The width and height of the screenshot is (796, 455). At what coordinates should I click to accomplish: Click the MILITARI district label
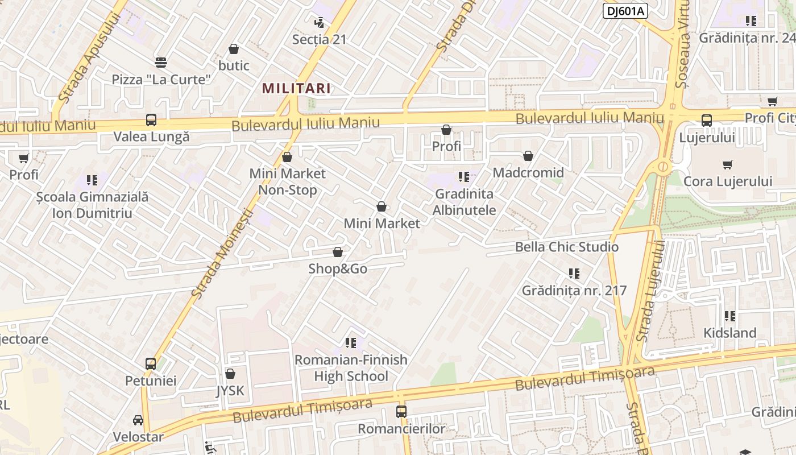(x=296, y=88)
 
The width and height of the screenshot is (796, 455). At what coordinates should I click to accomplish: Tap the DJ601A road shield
(x=625, y=11)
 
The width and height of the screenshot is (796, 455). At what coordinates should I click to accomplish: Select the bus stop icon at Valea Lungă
(x=151, y=120)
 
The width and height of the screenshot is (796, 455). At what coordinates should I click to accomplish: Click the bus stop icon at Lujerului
(x=707, y=121)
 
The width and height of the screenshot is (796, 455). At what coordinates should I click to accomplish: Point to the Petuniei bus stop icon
(x=151, y=363)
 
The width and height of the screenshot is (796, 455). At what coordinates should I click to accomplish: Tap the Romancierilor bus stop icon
(x=401, y=411)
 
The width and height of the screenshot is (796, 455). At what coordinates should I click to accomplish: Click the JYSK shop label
(x=230, y=391)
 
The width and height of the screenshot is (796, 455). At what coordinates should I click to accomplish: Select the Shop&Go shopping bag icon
(x=338, y=252)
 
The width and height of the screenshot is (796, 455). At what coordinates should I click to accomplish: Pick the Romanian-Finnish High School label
(x=351, y=368)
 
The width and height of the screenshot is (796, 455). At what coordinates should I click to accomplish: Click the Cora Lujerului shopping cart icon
(x=728, y=165)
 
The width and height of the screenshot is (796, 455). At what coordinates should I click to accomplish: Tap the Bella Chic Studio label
(x=566, y=247)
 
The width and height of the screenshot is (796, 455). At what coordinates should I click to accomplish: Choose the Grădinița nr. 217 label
(x=574, y=291)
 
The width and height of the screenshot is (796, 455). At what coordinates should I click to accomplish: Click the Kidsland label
(x=730, y=333)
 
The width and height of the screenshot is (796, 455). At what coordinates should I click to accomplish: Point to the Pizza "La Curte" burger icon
(x=161, y=62)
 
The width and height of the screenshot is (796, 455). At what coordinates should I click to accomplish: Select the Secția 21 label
(x=319, y=39)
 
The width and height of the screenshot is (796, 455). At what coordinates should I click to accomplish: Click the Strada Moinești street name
(x=222, y=254)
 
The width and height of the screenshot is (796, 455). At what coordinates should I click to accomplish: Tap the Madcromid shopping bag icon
(x=528, y=156)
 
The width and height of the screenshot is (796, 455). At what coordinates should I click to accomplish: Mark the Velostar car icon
(x=138, y=420)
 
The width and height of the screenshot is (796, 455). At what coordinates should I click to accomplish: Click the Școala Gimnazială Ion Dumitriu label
(x=92, y=205)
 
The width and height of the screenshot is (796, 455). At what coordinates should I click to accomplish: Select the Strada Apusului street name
(x=90, y=57)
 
